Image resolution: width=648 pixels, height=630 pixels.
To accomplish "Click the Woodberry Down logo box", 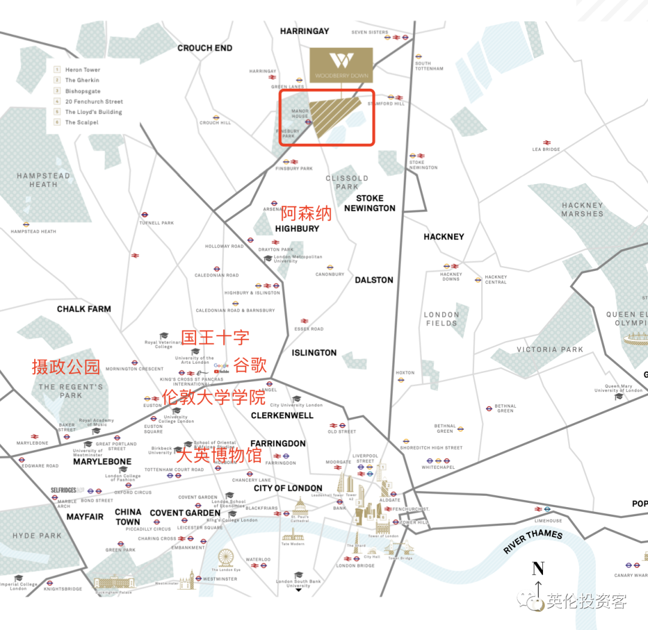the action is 341,64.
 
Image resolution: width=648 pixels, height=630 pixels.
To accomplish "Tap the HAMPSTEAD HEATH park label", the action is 43,180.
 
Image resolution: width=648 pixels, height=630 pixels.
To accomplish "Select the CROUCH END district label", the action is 205,48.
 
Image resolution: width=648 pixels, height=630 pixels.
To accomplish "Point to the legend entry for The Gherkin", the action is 82,80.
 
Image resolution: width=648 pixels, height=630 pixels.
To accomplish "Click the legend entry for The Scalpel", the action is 82,122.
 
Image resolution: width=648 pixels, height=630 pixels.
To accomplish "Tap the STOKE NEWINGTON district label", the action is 370,203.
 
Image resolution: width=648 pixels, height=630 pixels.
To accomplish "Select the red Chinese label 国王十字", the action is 215,337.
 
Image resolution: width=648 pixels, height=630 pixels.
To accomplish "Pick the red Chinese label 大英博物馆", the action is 219,455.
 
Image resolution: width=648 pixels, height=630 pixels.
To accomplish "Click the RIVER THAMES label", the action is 533,541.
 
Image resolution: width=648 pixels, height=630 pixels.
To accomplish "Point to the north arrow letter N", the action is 538,568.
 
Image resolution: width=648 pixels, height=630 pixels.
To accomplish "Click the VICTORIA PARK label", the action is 550,349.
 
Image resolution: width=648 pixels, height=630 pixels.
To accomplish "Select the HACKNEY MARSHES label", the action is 582,209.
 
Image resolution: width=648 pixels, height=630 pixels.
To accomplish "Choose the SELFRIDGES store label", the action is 64,490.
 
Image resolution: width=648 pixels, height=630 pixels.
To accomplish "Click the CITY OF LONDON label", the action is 288,488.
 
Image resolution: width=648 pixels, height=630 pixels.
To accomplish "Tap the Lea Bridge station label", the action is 546,149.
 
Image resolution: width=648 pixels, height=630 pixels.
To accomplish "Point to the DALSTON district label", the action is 374,280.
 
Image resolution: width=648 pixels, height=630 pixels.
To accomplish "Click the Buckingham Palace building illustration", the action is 114,582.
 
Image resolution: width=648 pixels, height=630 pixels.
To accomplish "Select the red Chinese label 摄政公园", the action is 66,366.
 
